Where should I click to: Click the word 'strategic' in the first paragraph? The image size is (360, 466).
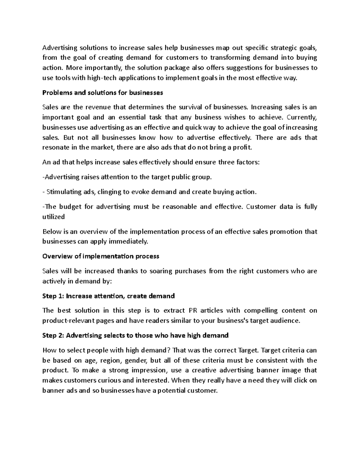point(283,48)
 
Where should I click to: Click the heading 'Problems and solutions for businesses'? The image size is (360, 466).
point(103,93)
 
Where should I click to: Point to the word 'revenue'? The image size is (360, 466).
point(97,107)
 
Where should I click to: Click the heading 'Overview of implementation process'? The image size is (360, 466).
point(101,256)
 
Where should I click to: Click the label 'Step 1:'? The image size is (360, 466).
point(53,296)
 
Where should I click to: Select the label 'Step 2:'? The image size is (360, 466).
point(53,335)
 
